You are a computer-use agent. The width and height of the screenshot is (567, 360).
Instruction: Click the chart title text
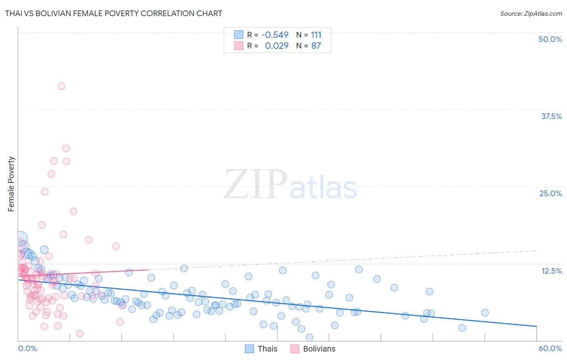pyautogui.click(x=113, y=13)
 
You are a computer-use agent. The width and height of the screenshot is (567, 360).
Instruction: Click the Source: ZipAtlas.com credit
pyautogui.click(x=531, y=13)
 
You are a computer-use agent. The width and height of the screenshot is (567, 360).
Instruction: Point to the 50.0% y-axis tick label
pyautogui.click(x=550, y=39)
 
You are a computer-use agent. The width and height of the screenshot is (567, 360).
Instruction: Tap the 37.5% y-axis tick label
pyautogui.click(x=551, y=116)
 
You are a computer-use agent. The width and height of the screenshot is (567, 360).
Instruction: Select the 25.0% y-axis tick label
pyautogui.click(x=550, y=193)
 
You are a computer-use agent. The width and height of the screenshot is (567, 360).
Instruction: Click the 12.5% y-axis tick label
pyautogui.click(x=551, y=271)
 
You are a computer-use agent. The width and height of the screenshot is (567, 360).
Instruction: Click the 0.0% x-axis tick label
pyautogui.click(x=27, y=348)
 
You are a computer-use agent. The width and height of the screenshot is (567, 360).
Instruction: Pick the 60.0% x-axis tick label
pyautogui.click(x=550, y=348)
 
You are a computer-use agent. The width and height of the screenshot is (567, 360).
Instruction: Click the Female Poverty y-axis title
pyautogui.click(x=11, y=184)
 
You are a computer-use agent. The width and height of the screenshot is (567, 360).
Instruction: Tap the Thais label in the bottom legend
pyautogui.click(x=267, y=349)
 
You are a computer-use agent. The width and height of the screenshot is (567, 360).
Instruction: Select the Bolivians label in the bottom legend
pyautogui.click(x=319, y=349)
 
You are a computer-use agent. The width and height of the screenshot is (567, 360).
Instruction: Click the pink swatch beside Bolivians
pyautogui.click(x=295, y=349)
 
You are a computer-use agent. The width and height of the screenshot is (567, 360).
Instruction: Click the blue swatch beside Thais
pyautogui.click(x=250, y=349)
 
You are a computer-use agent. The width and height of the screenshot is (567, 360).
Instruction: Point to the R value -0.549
pyautogui.click(x=275, y=35)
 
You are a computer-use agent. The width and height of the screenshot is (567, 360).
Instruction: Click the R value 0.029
pyautogui.click(x=277, y=46)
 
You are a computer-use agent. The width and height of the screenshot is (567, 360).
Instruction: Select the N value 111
pyautogui.click(x=316, y=35)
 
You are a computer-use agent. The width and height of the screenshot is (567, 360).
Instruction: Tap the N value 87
pyautogui.click(x=316, y=46)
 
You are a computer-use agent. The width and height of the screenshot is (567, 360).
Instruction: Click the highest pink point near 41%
pyautogui.click(x=61, y=86)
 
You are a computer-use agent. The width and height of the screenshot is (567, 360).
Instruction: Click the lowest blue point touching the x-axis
pyautogui.click(x=309, y=337)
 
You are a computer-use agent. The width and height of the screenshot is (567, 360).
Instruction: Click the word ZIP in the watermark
pyautogui.click(x=256, y=184)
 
